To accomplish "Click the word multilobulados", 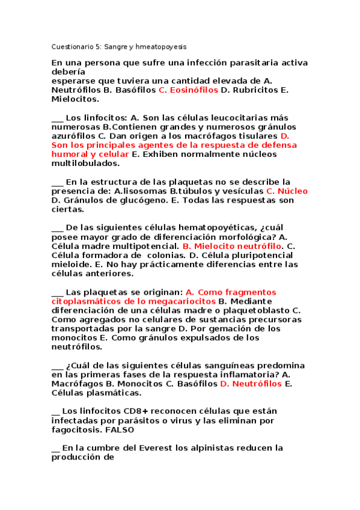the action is (x=85, y=163).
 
